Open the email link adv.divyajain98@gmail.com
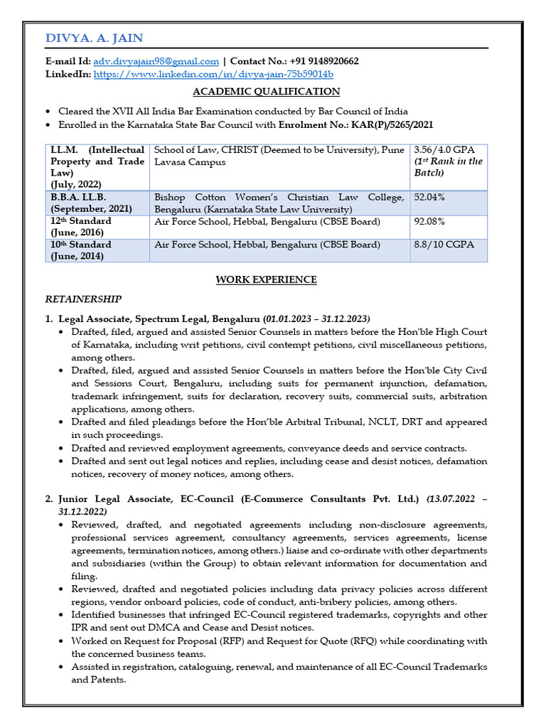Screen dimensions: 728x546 [156, 62]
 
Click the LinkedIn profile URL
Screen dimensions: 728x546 [213, 74]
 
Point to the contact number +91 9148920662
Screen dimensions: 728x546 [318, 62]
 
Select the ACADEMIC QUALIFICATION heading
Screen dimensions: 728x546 [267, 92]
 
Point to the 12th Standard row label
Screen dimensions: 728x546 [80, 222]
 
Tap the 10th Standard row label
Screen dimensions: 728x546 [80, 245]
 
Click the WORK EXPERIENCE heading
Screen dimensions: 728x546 [267, 280]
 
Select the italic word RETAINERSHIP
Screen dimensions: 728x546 [83, 299]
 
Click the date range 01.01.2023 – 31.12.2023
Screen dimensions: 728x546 [316, 318]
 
